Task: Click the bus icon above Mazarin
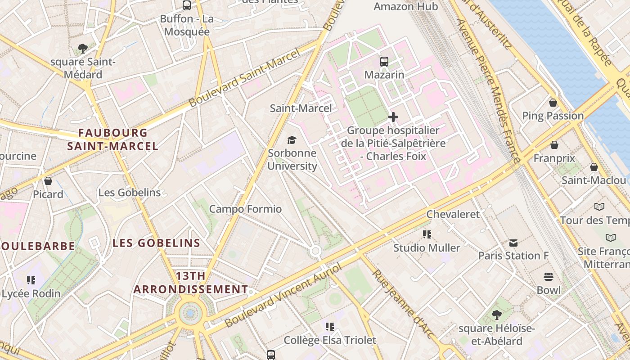(384, 61)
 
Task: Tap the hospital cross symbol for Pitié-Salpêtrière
(393, 117)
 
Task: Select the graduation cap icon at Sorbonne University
(292, 140)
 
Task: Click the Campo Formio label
(245, 209)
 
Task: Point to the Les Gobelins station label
(130, 193)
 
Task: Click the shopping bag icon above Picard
(48, 181)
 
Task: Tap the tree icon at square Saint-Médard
(82, 49)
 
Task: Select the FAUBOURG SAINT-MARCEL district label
(112, 139)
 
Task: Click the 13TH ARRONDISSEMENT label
(190, 283)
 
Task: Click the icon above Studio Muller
(427, 234)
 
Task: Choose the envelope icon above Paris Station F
(513, 243)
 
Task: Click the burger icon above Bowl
(548, 277)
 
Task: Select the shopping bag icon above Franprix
(554, 145)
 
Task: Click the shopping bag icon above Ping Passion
(553, 103)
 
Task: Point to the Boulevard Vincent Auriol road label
(283, 296)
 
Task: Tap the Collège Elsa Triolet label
(329, 340)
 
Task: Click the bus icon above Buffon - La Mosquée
(186, 5)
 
